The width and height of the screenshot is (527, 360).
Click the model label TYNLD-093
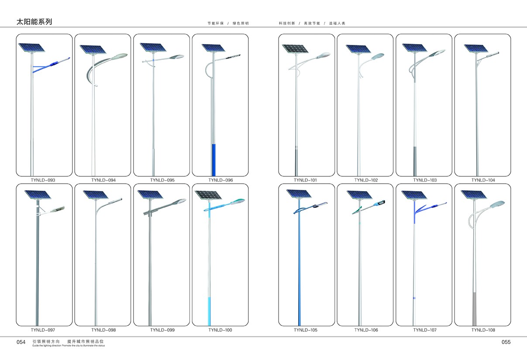[x=43, y=180]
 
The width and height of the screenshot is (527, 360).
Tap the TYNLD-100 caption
[x=220, y=330]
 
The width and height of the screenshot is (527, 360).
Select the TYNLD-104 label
[x=483, y=180]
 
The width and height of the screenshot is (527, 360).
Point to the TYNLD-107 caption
[x=425, y=330]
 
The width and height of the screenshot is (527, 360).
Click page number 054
[x=21, y=342]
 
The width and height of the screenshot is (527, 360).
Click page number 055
[x=506, y=342]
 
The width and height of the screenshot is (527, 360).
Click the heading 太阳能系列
[x=34, y=22]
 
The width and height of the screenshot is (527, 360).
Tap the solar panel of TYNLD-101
[x=295, y=49]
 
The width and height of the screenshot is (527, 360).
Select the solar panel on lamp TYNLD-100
[x=208, y=195]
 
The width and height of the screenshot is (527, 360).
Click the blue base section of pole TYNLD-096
[x=214, y=160]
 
